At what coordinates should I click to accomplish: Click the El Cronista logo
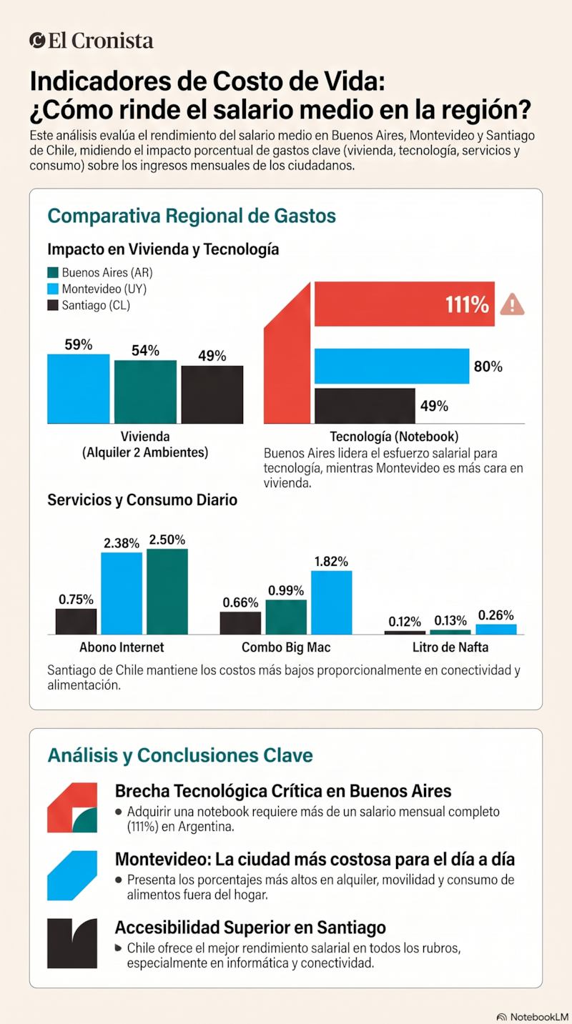92,41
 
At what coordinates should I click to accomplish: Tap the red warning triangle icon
512,304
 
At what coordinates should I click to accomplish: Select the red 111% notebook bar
404,304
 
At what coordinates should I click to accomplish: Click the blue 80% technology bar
392,366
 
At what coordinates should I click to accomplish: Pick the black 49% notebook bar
365,406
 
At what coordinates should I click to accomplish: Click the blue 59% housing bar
79,389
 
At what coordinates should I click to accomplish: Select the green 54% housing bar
145,392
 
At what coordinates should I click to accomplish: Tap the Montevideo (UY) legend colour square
53,289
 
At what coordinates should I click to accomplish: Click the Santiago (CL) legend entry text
96,305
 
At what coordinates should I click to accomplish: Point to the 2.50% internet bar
167,592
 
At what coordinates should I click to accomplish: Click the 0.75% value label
76,600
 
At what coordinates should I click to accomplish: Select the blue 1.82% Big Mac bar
332,602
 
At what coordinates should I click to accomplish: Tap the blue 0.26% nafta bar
496,630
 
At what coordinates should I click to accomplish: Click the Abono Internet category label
122,647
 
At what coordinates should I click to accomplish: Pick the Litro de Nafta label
450,647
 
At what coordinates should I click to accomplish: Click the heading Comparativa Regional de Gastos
192,216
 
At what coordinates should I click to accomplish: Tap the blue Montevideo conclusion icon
72,875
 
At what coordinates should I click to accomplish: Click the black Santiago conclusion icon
72,943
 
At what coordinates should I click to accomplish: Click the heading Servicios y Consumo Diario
142,500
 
